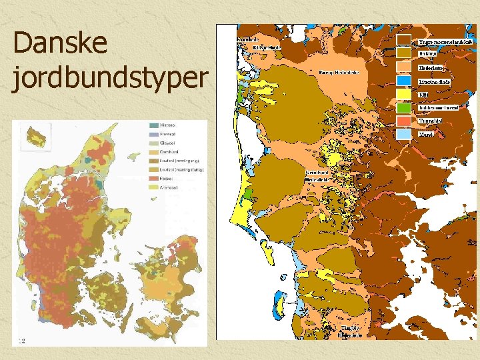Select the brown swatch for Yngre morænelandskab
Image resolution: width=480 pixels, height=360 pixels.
404,41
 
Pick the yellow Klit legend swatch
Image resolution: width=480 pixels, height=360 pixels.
404,95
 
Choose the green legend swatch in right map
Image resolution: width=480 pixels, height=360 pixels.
404,107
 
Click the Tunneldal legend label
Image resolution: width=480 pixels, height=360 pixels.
431,121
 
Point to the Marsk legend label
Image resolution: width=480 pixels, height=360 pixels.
427,134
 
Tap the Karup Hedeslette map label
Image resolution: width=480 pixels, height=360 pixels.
339,72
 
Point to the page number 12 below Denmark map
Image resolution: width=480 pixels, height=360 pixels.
22,341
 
